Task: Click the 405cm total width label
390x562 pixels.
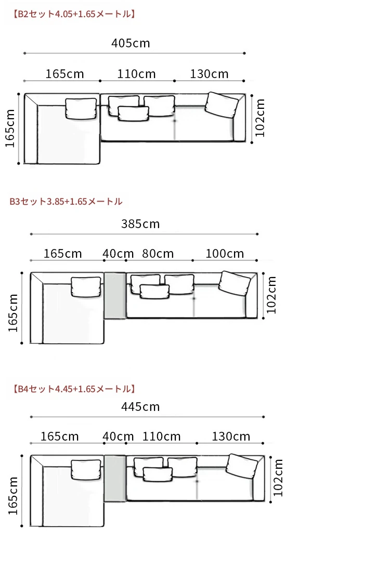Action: click(131, 43)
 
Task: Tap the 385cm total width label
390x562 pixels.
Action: click(140, 224)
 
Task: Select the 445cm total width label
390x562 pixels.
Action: click(140, 407)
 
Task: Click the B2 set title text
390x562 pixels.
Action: click(74, 14)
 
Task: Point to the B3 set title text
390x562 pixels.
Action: click(66, 202)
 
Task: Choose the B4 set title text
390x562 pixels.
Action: click(74, 389)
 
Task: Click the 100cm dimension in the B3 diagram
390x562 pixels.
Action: click(225, 254)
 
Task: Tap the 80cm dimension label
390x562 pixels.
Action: click(158, 254)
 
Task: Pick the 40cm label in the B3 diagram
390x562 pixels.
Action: click(118, 254)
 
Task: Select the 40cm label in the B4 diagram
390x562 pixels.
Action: click(118, 436)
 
